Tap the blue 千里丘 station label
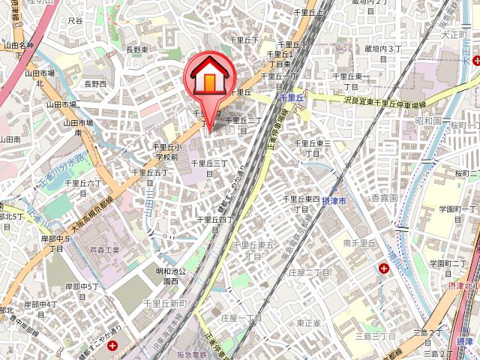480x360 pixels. tap(289, 97)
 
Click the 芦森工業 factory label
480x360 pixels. tap(105, 250)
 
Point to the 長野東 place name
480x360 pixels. tap(136, 49)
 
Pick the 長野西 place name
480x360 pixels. tap(95, 83)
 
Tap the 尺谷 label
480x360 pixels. tap(75, 20)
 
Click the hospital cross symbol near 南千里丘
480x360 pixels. tap(385, 268)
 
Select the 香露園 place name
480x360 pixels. tap(384, 196)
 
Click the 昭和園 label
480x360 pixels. tap(428, 120)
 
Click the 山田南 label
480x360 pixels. tap(10, 139)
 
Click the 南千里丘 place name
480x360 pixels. tap(359, 243)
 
